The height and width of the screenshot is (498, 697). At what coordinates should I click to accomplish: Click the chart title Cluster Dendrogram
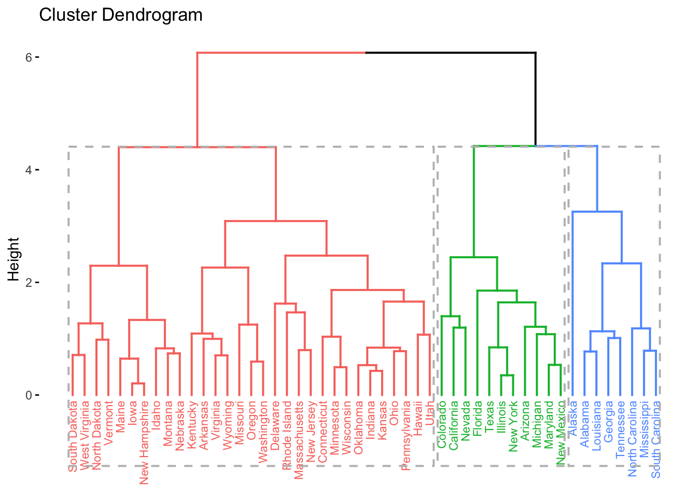(x=121, y=15)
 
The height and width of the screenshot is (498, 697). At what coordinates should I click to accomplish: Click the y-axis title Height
(x=14, y=259)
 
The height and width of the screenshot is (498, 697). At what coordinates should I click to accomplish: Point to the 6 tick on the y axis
(x=29, y=57)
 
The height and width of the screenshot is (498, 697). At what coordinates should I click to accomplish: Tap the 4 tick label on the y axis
(x=29, y=170)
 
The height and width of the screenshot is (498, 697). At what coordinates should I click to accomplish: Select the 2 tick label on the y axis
(x=29, y=282)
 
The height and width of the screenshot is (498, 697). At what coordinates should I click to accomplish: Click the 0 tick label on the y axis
(x=29, y=395)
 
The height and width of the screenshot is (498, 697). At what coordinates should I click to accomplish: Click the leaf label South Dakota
(x=73, y=436)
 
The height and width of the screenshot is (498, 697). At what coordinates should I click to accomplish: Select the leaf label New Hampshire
(x=144, y=442)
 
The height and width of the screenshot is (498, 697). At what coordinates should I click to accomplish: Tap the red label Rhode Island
(x=287, y=435)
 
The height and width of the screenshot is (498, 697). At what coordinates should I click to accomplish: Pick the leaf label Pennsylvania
(x=406, y=436)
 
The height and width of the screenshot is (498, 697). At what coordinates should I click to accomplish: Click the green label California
(x=454, y=425)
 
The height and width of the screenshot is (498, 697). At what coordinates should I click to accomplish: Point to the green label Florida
(x=478, y=418)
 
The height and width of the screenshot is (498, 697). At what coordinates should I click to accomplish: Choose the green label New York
(x=513, y=426)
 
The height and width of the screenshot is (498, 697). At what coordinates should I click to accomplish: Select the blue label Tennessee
(x=621, y=429)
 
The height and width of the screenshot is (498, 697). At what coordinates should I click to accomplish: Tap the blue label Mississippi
(x=645, y=428)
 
